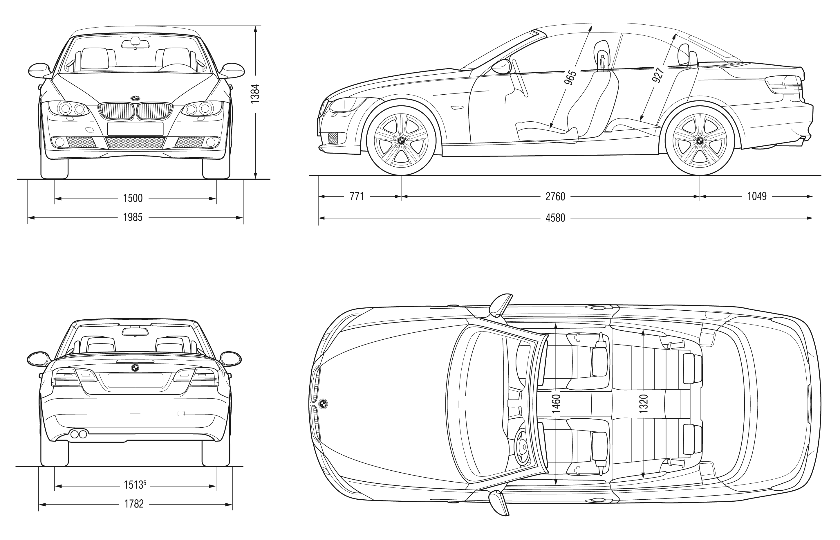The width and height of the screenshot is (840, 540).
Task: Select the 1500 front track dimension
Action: pyautogui.click(x=133, y=199)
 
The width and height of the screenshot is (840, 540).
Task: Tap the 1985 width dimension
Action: pyautogui.click(x=133, y=218)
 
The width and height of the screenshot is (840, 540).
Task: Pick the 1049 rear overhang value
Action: pyautogui.click(x=757, y=196)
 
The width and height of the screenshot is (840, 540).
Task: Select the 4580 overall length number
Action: pyautogui.click(x=555, y=218)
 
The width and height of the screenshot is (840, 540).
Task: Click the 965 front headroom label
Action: pyautogui.click(x=570, y=78)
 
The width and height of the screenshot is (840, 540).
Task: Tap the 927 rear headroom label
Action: pyautogui.click(x=658, y=75)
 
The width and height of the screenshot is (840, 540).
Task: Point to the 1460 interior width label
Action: pyautogui.click(x=556, y=403)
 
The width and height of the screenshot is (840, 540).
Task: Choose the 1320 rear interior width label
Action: pyautogui.click(x=643, y=403)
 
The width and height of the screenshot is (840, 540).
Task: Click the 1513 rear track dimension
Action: pyautogui.click(x=135, y=485)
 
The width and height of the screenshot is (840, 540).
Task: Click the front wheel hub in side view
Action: pyautogui.click(x=401, y=140)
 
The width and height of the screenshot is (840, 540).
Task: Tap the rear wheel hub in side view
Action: pyautogui.click(x=700, y=140)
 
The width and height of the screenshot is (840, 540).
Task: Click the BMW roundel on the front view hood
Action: pyautogui.click(x=135, y=98)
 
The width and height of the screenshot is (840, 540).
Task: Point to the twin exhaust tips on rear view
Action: pyautogui.click(x=79, y=434)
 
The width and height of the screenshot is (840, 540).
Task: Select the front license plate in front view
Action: pyautogui.click(x=135, y=129)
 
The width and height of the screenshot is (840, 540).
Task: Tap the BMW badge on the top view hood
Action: pyautogui.click(x=323, y=404)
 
